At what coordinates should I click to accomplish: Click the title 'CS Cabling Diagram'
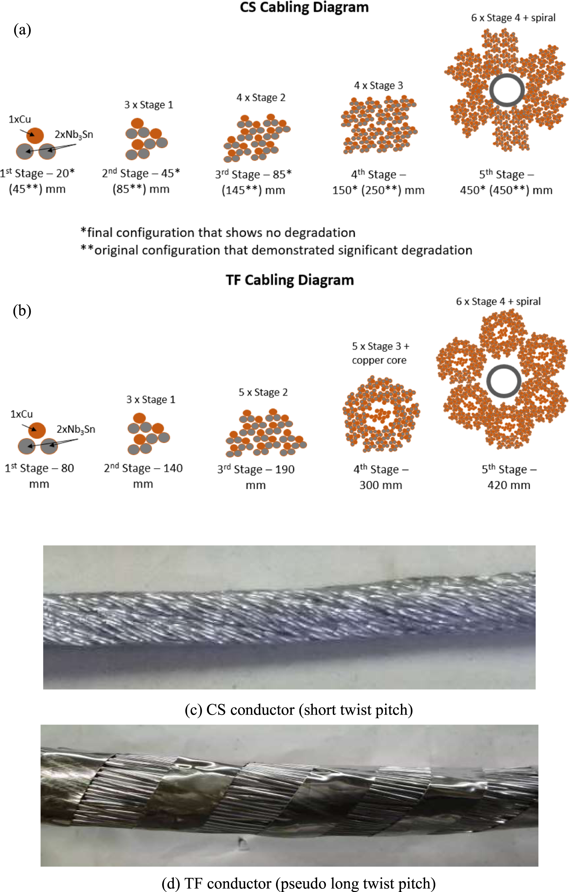(x=304, y=7)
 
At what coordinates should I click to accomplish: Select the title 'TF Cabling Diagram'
(x=290, y=280)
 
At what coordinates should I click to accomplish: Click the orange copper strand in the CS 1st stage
(x=35, y=135)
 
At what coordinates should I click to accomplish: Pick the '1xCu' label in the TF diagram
(x=21, y=414)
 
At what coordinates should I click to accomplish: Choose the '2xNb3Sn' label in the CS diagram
(x=74, y=134)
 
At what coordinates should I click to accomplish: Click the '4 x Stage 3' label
(x=378, y=86)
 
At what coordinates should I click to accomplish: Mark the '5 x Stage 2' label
(x=263, y=392)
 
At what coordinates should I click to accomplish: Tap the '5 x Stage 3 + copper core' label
(x=380, y=353)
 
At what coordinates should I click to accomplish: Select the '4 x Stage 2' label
(x=261, y=98)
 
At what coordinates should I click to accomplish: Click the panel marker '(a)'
(x=22, y=30)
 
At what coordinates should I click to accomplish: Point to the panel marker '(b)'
(x=22, y=311)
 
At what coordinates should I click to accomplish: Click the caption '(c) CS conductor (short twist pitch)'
(x=299, y=710)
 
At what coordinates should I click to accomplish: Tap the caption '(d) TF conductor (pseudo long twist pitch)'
(x=299, y=884)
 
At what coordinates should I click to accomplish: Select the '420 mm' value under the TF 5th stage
(x=508, y=485)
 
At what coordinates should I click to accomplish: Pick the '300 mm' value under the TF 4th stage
(x=381, y=485)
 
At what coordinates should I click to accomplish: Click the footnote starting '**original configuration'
(x=276, y=250)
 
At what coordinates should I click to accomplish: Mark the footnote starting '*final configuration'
(x=218, y=233)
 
